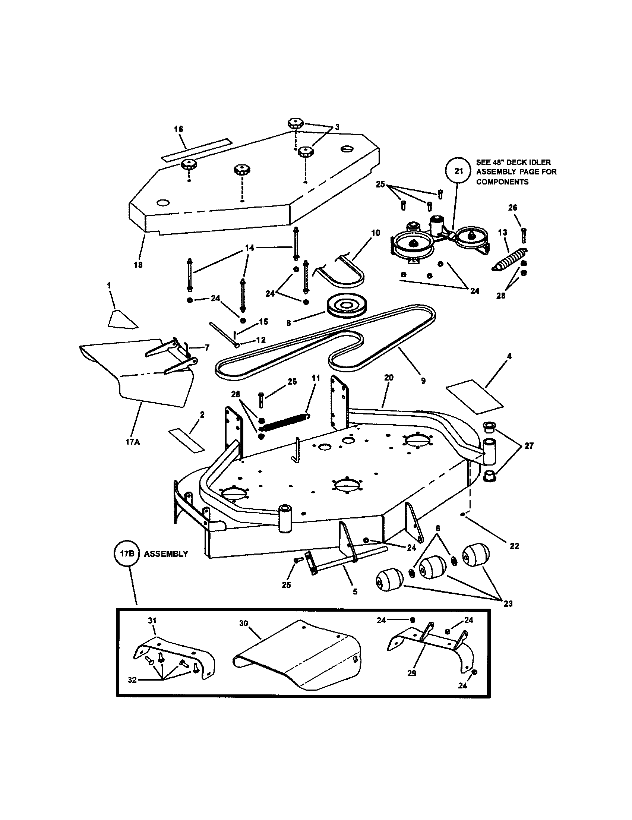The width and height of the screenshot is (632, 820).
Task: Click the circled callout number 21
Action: tap(459, 171)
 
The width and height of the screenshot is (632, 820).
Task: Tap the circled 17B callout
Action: tap(127, 554)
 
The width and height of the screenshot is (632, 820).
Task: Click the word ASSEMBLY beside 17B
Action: tap(166, 554)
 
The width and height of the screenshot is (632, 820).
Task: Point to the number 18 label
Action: tap(138, 265)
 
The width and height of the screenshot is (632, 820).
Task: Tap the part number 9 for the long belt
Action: tap(423, 381)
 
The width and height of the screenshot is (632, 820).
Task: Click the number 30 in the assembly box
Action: tap(244, 623)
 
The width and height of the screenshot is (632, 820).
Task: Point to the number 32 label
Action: tap(132, 679)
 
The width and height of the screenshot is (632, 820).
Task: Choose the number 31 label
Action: tap(152, 621)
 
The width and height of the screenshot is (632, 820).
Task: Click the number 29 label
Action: tap(412, 673)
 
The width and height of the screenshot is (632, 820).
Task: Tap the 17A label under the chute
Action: tap(133, 442)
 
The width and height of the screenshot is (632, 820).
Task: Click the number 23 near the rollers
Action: tap(508, 604)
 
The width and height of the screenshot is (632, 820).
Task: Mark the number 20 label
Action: tap(389, 377)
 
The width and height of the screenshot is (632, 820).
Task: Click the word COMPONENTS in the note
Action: tap(502, 182)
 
